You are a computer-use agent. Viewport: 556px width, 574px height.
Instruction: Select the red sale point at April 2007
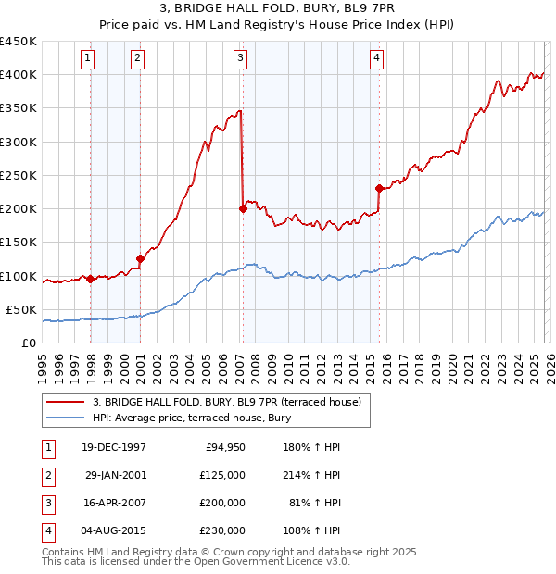[x=243, y=208]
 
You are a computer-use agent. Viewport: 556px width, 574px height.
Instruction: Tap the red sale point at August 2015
[x=379, y=188]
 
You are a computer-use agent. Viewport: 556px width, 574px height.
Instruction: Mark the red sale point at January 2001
[x=140, y=258]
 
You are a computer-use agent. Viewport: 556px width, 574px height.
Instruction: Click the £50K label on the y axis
[x=22, y=309]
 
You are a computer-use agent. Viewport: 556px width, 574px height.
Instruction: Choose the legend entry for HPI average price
[x=192, y=418]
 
